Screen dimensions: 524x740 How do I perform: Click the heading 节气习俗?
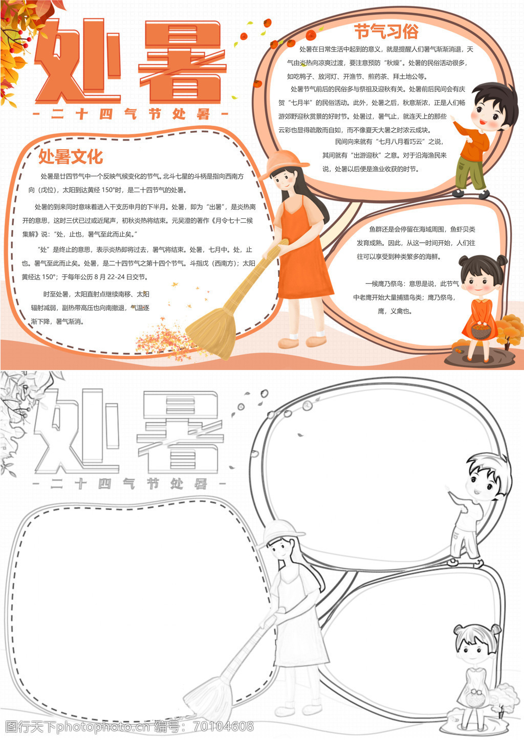point(386,32)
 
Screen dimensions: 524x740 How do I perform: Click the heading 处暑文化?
point(71,156)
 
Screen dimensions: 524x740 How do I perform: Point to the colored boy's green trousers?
point(470,173)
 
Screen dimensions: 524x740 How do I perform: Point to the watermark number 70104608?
point(224,726)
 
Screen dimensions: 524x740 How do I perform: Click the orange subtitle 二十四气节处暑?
point(130,114)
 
